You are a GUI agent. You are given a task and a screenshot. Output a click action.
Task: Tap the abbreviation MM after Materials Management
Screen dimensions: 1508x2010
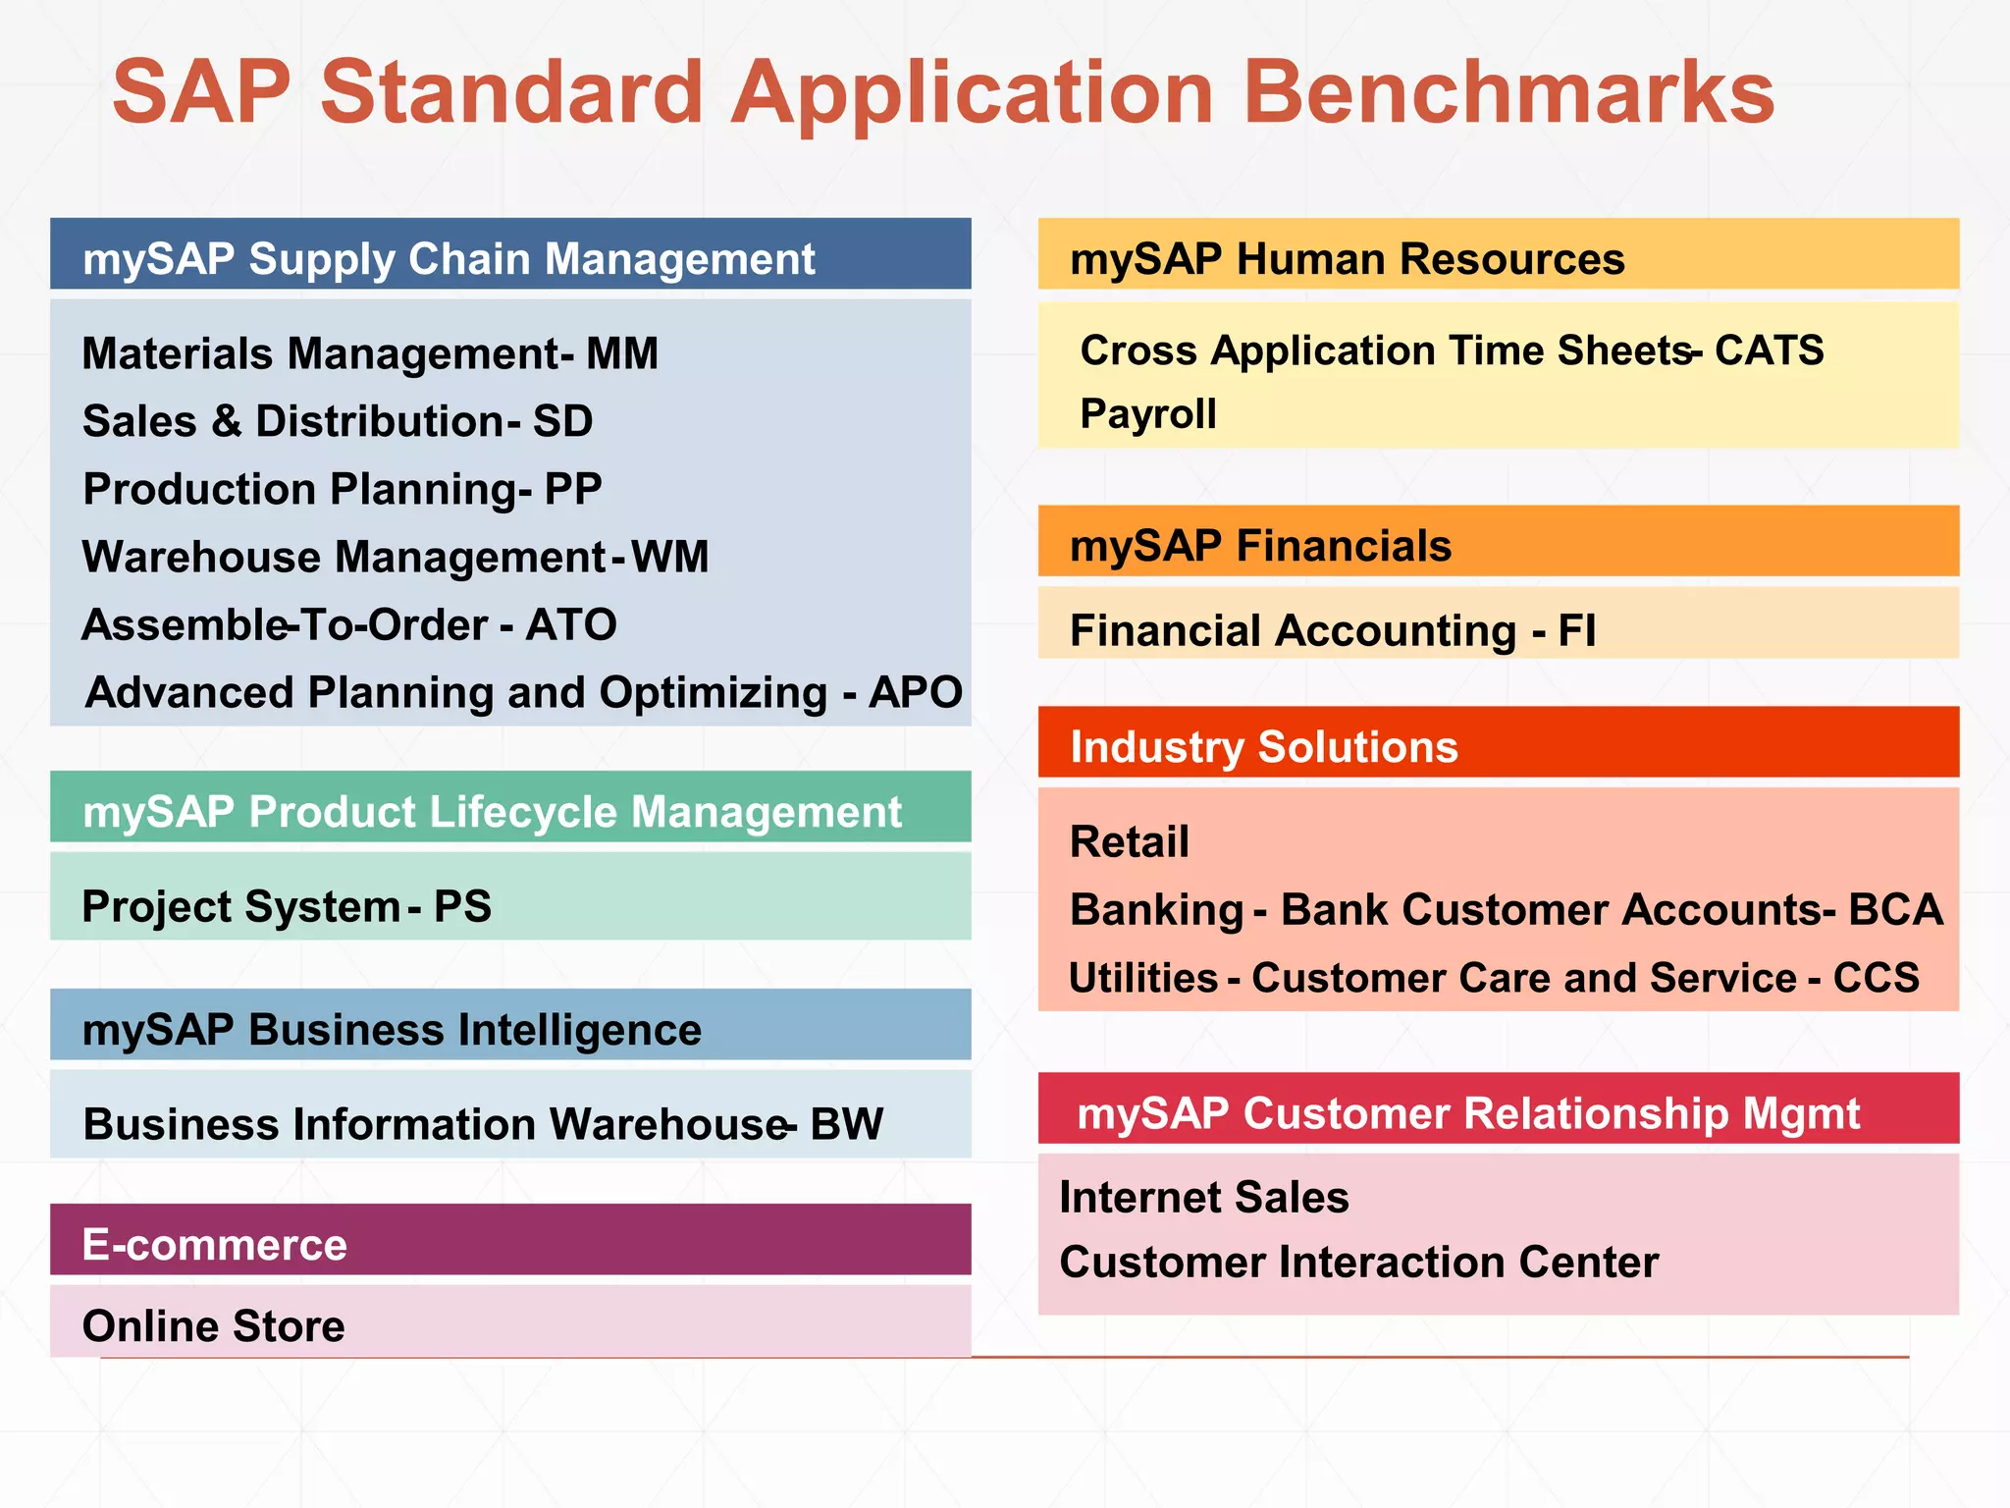(x=622, y=353)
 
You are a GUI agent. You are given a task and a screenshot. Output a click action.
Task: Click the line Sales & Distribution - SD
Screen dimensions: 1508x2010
(x=338, y=421)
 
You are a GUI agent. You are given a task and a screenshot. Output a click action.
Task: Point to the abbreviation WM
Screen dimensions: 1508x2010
(x=669, y=557)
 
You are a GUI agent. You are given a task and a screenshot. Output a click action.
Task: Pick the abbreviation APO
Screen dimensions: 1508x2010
(x=915, y=692)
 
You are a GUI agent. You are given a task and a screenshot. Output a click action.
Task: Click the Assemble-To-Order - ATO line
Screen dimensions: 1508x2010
(x=349, y=624)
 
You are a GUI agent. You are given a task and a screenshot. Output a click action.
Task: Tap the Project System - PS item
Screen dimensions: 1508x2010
(x=287, y=906)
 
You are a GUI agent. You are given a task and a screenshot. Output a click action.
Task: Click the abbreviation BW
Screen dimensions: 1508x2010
(x=846, y=1124)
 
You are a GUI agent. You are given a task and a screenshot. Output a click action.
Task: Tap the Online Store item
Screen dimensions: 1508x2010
(x=214, y=1326)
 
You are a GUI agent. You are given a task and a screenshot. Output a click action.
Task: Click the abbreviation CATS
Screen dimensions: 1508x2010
(x=1769, y=350)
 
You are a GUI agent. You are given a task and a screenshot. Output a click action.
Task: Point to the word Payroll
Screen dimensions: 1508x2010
(x=1148, y=413)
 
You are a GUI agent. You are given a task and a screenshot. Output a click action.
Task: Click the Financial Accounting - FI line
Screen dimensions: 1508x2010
(x=1333, y=630)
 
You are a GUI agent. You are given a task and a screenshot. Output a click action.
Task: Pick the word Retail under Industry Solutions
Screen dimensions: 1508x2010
(x=1130, y=842)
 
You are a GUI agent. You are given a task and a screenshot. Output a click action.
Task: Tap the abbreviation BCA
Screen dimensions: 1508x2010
(x=1895, y=909)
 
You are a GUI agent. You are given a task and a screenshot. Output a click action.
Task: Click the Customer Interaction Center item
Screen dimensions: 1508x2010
(x=1359, y=1263)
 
